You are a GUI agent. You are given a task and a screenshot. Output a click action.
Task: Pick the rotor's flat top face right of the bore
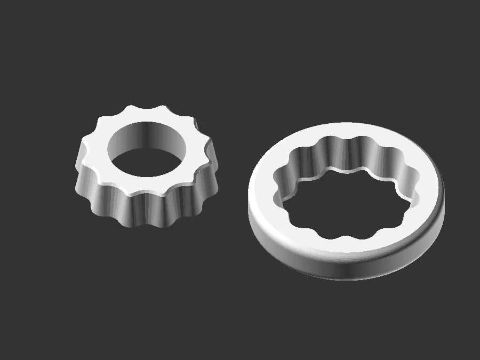click(x=197, y=160)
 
